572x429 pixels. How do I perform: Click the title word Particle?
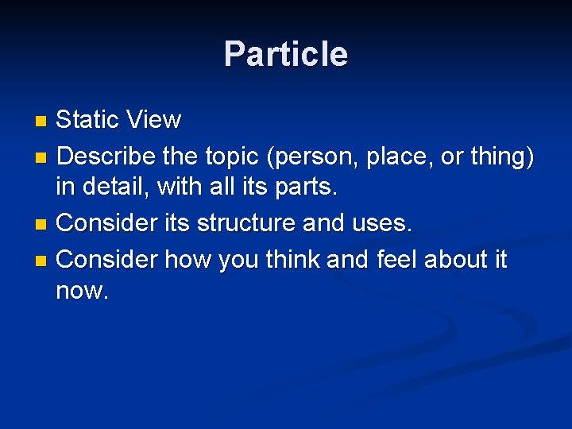pyautogui.click(x=285, y=55)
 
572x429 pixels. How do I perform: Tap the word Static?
pyautogui.click(x=87, y=120)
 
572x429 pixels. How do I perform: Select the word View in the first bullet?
pyautogui.click(x=153, y=120)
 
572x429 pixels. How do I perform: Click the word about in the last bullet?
pyautogui.click(x=458, y=259)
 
